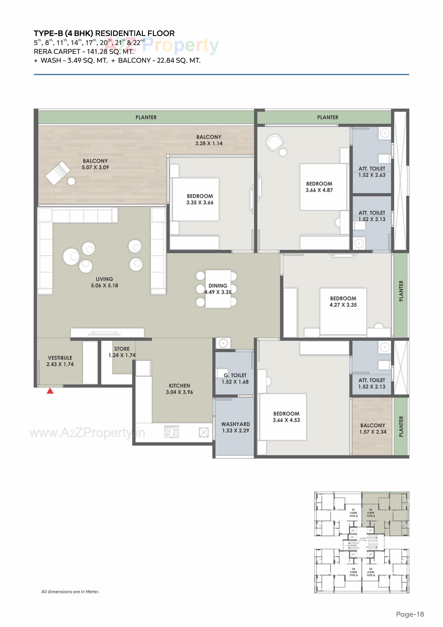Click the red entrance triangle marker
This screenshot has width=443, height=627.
click(x=50, y=391)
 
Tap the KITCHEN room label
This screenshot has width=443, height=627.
click(x=179, y=386)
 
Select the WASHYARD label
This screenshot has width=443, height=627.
click(x=235, y=424)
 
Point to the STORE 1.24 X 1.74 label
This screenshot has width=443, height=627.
click(x=122, y=352)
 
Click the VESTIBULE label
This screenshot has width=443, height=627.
click(x=60, y=358)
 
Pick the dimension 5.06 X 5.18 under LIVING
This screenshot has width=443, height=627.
click(x=104, y=286)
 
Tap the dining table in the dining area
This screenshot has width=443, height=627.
click(x=218, y=289)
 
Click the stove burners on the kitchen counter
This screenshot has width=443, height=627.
click(x=171, y=432)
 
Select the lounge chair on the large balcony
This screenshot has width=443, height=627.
click(x=58, y=173)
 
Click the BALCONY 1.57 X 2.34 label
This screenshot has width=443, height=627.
click(x=373, y=428)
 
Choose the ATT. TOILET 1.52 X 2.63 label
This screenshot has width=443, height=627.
click(x=372, y=172)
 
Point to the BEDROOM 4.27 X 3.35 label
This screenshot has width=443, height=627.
click(x=343, y=301)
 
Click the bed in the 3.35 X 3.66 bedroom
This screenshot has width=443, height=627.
click(x=195, y=199)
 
